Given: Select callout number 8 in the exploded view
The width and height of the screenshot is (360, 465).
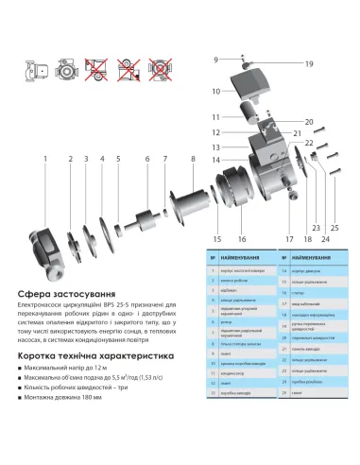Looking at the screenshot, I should pyautogui.click(x=194, y=158).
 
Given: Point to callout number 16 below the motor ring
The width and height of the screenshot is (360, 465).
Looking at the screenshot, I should pyautogui.click(x=243, y=239).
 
